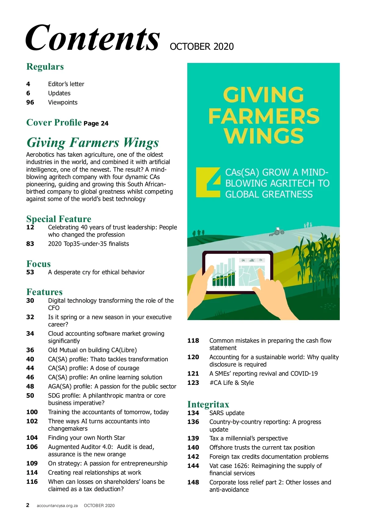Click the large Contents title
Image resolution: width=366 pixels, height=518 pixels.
click(92, 38)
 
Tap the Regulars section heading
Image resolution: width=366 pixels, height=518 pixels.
click(45, 67)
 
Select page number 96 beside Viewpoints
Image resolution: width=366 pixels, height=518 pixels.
click(30, 102)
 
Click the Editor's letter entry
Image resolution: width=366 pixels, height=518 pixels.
click(66, 84)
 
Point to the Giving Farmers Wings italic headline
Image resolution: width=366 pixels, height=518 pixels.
click(93, 142)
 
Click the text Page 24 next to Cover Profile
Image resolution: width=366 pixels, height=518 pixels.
click(96, 123)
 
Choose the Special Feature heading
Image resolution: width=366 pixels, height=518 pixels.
click(59, 219)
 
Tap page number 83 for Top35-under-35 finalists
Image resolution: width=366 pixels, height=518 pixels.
click(30, 244)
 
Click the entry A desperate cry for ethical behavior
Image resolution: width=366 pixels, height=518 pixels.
click(96, 272)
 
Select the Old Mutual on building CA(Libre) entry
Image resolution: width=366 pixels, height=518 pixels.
click(92, 350)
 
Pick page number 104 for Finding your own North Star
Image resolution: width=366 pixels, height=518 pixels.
click(32, 438)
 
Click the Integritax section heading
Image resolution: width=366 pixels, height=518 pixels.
click(208, 404)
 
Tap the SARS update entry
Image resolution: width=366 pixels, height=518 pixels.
click(227, 413)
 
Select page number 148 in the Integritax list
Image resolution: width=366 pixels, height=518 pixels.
click(193, 482)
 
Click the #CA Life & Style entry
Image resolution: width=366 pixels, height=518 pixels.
click(231, 383)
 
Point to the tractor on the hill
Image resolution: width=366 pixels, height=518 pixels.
click(277, 232)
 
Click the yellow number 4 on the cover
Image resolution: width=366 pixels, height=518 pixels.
click(208, 182)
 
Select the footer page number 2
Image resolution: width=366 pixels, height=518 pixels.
click(28, 505)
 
